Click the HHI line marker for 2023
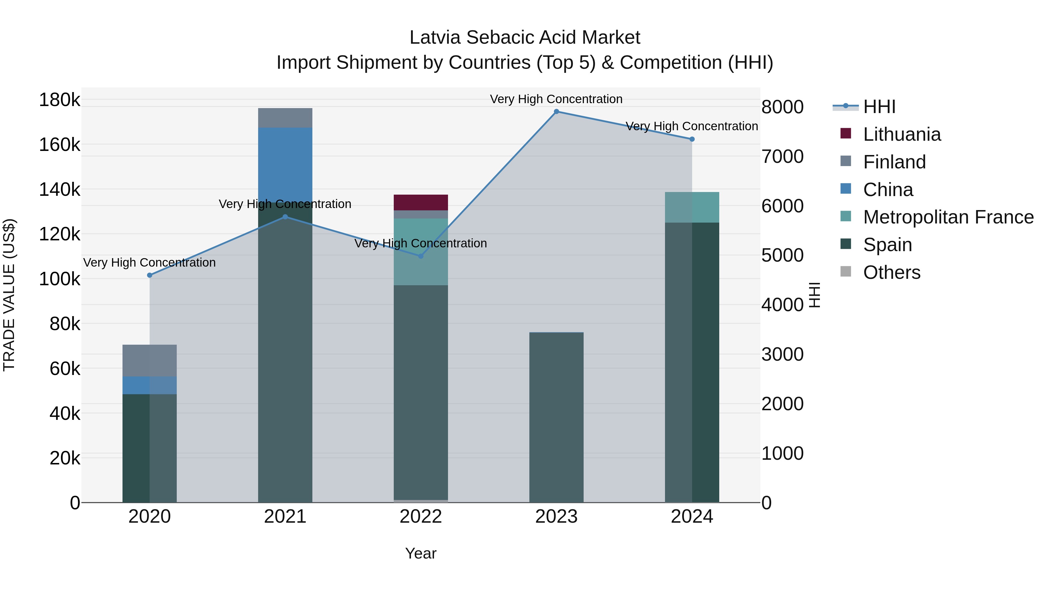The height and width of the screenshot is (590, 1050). (556, 112)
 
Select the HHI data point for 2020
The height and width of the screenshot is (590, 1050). (150, 275)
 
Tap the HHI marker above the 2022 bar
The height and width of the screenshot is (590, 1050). (421, 256)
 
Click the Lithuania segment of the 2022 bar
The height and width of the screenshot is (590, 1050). (421, 202)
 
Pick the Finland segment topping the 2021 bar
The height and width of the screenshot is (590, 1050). (285, 118)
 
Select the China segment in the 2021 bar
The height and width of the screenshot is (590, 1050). (285, 163)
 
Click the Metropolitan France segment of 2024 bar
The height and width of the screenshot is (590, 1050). (692, 207)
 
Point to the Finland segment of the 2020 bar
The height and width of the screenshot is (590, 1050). (150, 360)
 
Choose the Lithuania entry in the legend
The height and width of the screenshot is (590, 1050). (902, 134)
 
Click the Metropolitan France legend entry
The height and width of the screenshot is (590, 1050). (948, 217)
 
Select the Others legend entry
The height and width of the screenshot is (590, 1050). (891, 272)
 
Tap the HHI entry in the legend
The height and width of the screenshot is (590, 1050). (879, 107)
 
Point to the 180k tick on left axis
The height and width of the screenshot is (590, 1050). (60, 100)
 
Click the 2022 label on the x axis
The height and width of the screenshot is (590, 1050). (421, 517)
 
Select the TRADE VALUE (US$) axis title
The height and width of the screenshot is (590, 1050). (9, 295)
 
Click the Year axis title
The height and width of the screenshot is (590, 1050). (421, 553)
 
